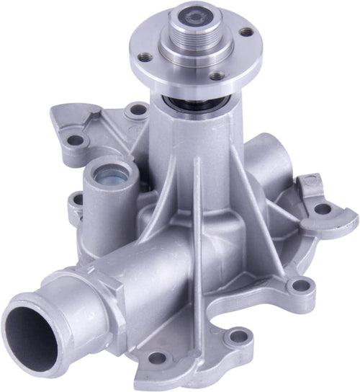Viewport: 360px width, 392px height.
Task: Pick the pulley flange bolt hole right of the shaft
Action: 246,32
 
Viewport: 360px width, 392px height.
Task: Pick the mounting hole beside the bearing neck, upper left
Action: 135,111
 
